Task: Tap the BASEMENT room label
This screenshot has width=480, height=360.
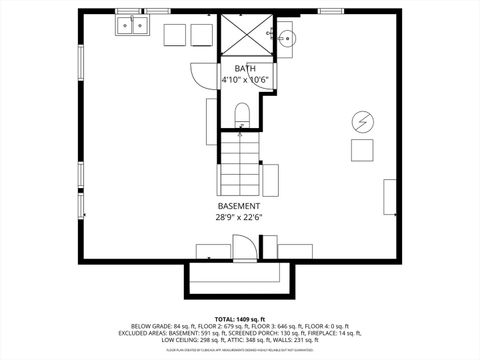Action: point(239,206)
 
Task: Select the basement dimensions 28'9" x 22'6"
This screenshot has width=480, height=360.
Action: point(239,217)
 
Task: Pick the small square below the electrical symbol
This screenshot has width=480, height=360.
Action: point(361,150)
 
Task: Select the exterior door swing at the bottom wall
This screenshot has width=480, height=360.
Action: point(243,246)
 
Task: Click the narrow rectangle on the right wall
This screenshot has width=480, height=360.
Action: point(389,196)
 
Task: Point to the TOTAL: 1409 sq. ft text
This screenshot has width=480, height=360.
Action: point(240,318)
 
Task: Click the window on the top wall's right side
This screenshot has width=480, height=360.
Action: point(331,12)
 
